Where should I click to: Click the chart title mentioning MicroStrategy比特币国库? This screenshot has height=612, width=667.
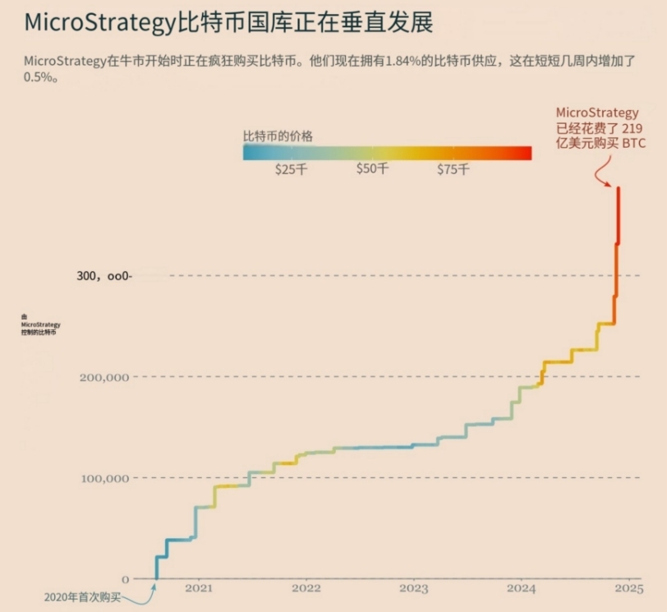point(228,22)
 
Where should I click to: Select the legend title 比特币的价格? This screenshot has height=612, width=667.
point(278,136)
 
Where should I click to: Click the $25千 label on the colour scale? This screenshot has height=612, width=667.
point(291,169)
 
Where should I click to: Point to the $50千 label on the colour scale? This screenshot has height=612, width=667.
point(372,169)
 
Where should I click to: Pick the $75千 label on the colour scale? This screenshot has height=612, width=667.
point(453,169)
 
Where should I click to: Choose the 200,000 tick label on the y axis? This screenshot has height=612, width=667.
point(104,377)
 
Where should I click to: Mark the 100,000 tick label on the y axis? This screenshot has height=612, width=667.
point(104,478)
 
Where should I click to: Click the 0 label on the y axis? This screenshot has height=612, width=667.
point(125,579)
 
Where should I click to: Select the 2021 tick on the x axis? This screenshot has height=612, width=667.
point(199,589)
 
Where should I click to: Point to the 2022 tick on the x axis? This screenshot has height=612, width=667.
point(306,589)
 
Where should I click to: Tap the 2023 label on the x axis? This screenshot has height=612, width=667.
point(414,589)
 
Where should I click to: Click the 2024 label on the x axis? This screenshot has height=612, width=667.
point(521,589)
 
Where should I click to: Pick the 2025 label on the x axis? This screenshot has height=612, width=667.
point(628,589)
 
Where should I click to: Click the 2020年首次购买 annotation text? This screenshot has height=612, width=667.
point(82,597)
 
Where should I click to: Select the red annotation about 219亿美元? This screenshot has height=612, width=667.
point(600,128)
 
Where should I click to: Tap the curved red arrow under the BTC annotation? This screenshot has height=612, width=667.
point(602,171)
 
